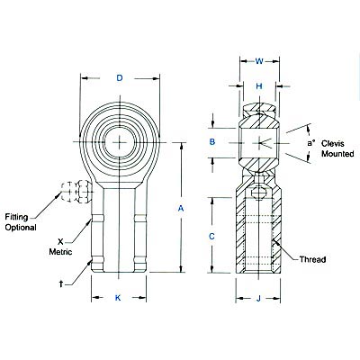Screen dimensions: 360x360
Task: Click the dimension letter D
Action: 120,78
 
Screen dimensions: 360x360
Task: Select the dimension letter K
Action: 120,298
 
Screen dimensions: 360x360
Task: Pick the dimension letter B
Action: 212,143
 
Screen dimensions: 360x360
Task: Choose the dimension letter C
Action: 212,236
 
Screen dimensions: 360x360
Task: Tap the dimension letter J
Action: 258,298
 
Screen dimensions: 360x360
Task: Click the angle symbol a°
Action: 310,142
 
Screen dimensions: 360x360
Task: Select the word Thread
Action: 309,260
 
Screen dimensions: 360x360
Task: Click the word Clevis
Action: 334,143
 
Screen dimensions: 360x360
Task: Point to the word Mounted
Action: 337,155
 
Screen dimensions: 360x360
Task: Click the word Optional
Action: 22,228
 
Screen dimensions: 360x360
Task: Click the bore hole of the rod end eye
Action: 120,141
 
